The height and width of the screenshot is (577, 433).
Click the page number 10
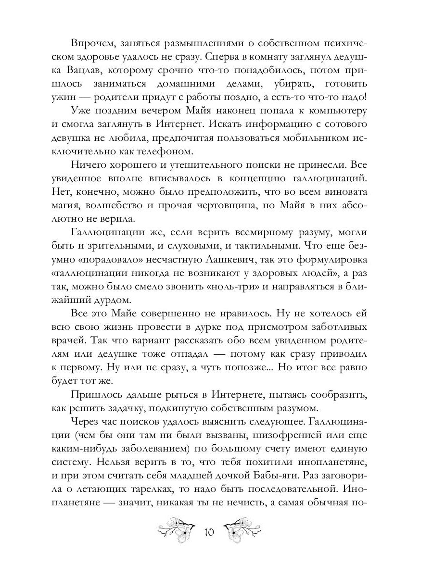[x=209, y=533]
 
